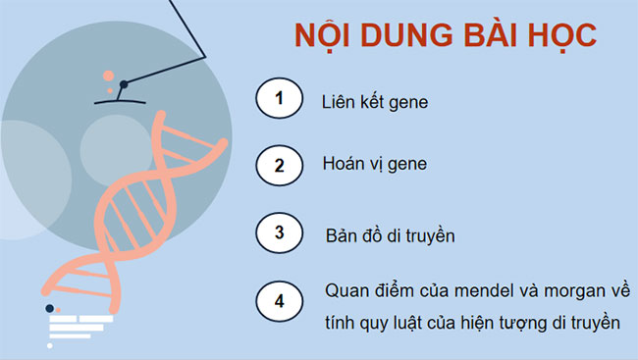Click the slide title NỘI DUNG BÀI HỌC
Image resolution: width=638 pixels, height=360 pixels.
(x=446, y=36)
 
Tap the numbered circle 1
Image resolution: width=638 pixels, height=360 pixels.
(x=280, y=99)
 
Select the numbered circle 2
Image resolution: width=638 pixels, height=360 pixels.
(x=280, y=165)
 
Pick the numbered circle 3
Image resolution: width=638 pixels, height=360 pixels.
(x=280, y=233)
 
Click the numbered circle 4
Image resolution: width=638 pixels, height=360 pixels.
(x=280, y=301)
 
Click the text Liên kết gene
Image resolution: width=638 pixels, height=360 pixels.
(x=374, y=101)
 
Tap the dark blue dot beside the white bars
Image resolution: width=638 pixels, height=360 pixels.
(x=49, y=308)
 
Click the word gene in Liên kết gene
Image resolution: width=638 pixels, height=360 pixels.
(x=409, y=102)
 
